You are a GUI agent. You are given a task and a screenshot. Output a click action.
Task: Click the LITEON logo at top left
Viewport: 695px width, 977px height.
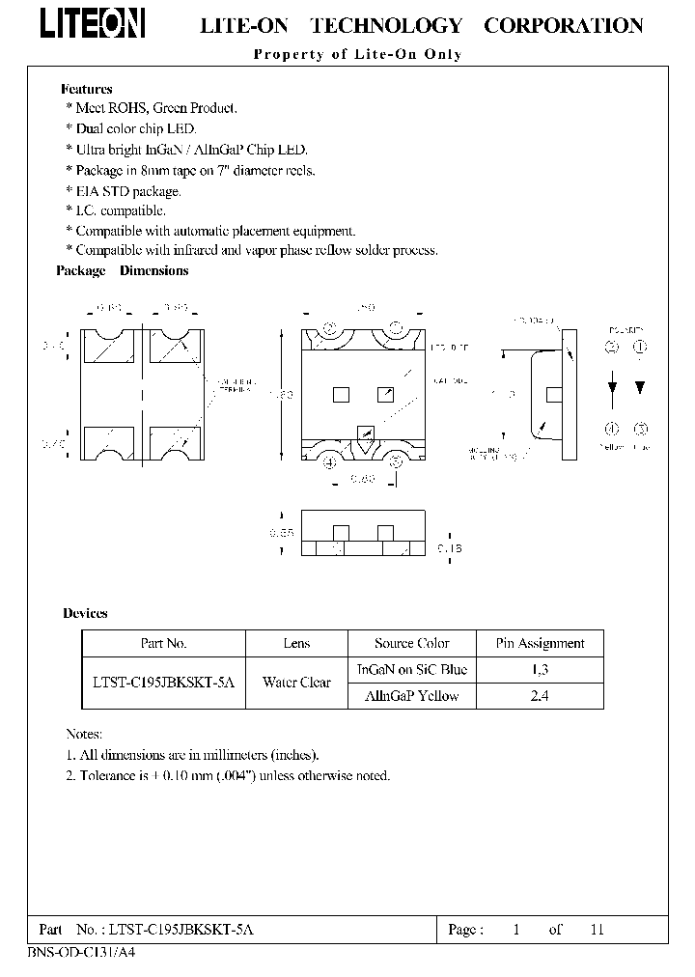click(x=93, y=25)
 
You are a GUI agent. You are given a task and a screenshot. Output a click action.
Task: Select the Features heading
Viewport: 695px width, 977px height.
click(x=87, y=89)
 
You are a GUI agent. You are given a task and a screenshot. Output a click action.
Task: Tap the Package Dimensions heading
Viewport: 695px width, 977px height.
click(x=123, y=270)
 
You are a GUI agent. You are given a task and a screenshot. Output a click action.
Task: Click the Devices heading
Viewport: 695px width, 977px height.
click(x=85, y=613)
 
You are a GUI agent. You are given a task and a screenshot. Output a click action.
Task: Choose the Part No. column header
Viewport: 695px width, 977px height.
click(x=163, y=643)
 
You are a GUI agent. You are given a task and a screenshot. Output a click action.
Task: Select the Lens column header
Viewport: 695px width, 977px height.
click(x=296, y=643)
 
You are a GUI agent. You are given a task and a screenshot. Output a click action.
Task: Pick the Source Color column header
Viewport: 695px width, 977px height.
click(x=412, y=643)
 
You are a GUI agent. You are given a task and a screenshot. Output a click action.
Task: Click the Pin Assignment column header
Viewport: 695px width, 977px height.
click(x=540, y=643)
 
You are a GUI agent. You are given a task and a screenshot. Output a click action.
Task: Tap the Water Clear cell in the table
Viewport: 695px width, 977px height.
click(x=296, y=683)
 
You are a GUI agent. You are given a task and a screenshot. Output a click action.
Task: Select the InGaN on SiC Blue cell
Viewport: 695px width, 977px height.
click(x=412, y=669)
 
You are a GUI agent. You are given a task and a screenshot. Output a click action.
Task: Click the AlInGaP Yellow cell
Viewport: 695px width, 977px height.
click(x=412, y=696)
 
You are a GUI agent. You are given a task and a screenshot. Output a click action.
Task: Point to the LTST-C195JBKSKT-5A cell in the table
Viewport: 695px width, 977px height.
click(x=163, y=683)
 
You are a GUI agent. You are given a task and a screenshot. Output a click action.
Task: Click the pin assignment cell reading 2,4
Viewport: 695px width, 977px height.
click(x=540, y=696)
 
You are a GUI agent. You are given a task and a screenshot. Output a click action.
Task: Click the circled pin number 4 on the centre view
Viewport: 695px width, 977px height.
click(x=330, y=461)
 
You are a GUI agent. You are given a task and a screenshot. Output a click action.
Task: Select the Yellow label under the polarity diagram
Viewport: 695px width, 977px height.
click(x=612, y=447)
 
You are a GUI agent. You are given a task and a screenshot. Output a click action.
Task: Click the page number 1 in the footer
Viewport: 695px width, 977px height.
click(x=516, y=930)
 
